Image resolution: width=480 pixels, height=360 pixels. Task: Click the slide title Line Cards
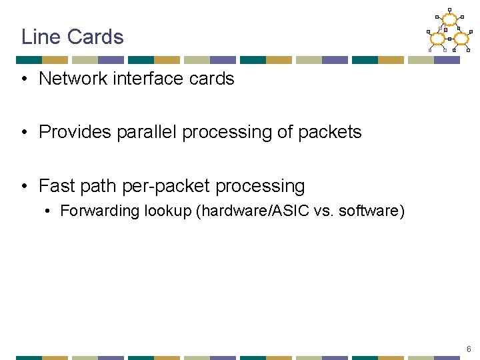click(x=72, y=37)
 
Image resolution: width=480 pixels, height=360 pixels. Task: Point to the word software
click(x=371, y=211)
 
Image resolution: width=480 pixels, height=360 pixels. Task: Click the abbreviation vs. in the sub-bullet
click(x=324, y=211)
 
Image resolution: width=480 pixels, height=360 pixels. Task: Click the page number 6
click(x=469, y=349)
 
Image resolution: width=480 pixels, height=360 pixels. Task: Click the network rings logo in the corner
click(x=449, y=32)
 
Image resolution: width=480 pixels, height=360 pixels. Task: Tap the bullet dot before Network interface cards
click(x=24, y=79)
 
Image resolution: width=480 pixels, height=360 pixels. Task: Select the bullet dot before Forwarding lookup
click(x=48, y=212)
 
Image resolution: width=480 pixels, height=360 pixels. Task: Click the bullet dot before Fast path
click(x=24, y=186)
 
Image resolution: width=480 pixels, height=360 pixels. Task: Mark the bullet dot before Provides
click(x=24, y=133)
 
